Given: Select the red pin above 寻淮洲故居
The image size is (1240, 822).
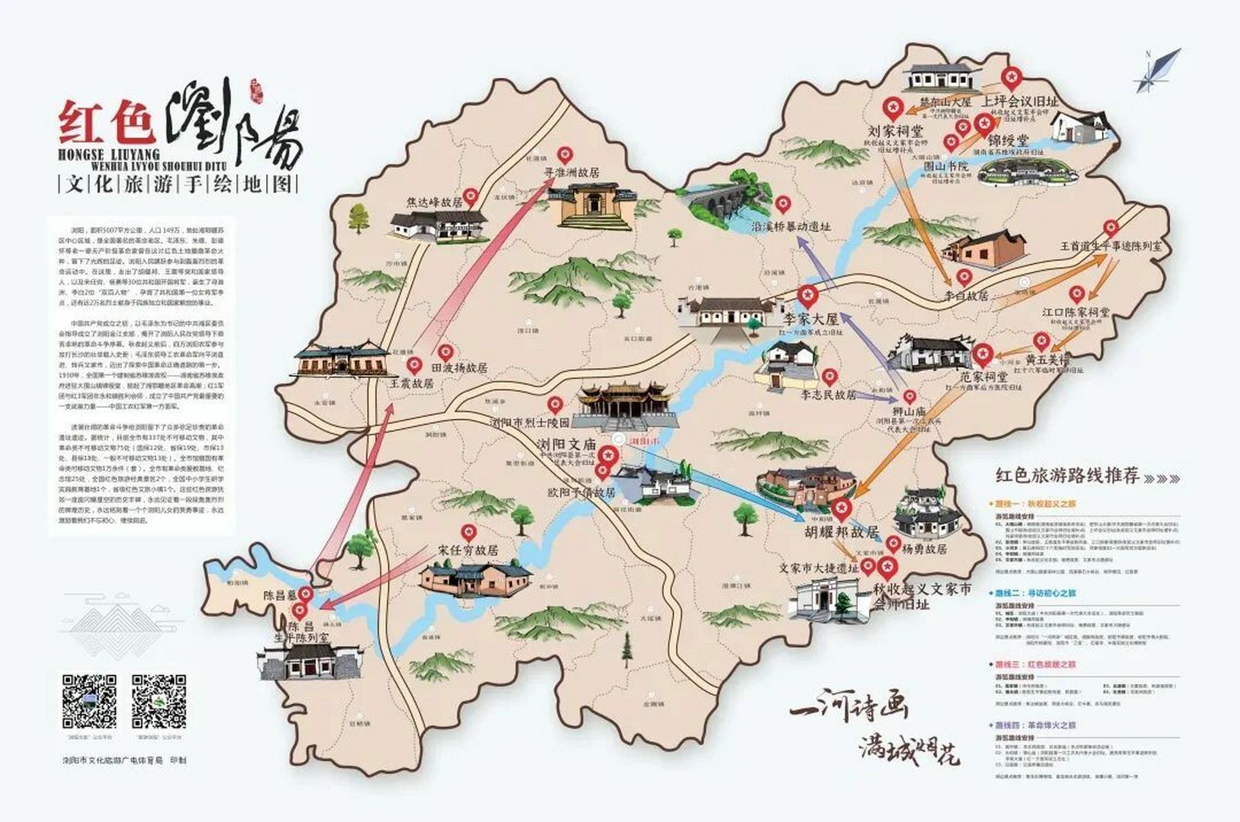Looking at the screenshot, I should [564, 155].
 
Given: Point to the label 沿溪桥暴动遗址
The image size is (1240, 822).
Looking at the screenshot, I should [791, 227].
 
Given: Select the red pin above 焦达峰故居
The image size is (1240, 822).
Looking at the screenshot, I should [472, 195].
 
